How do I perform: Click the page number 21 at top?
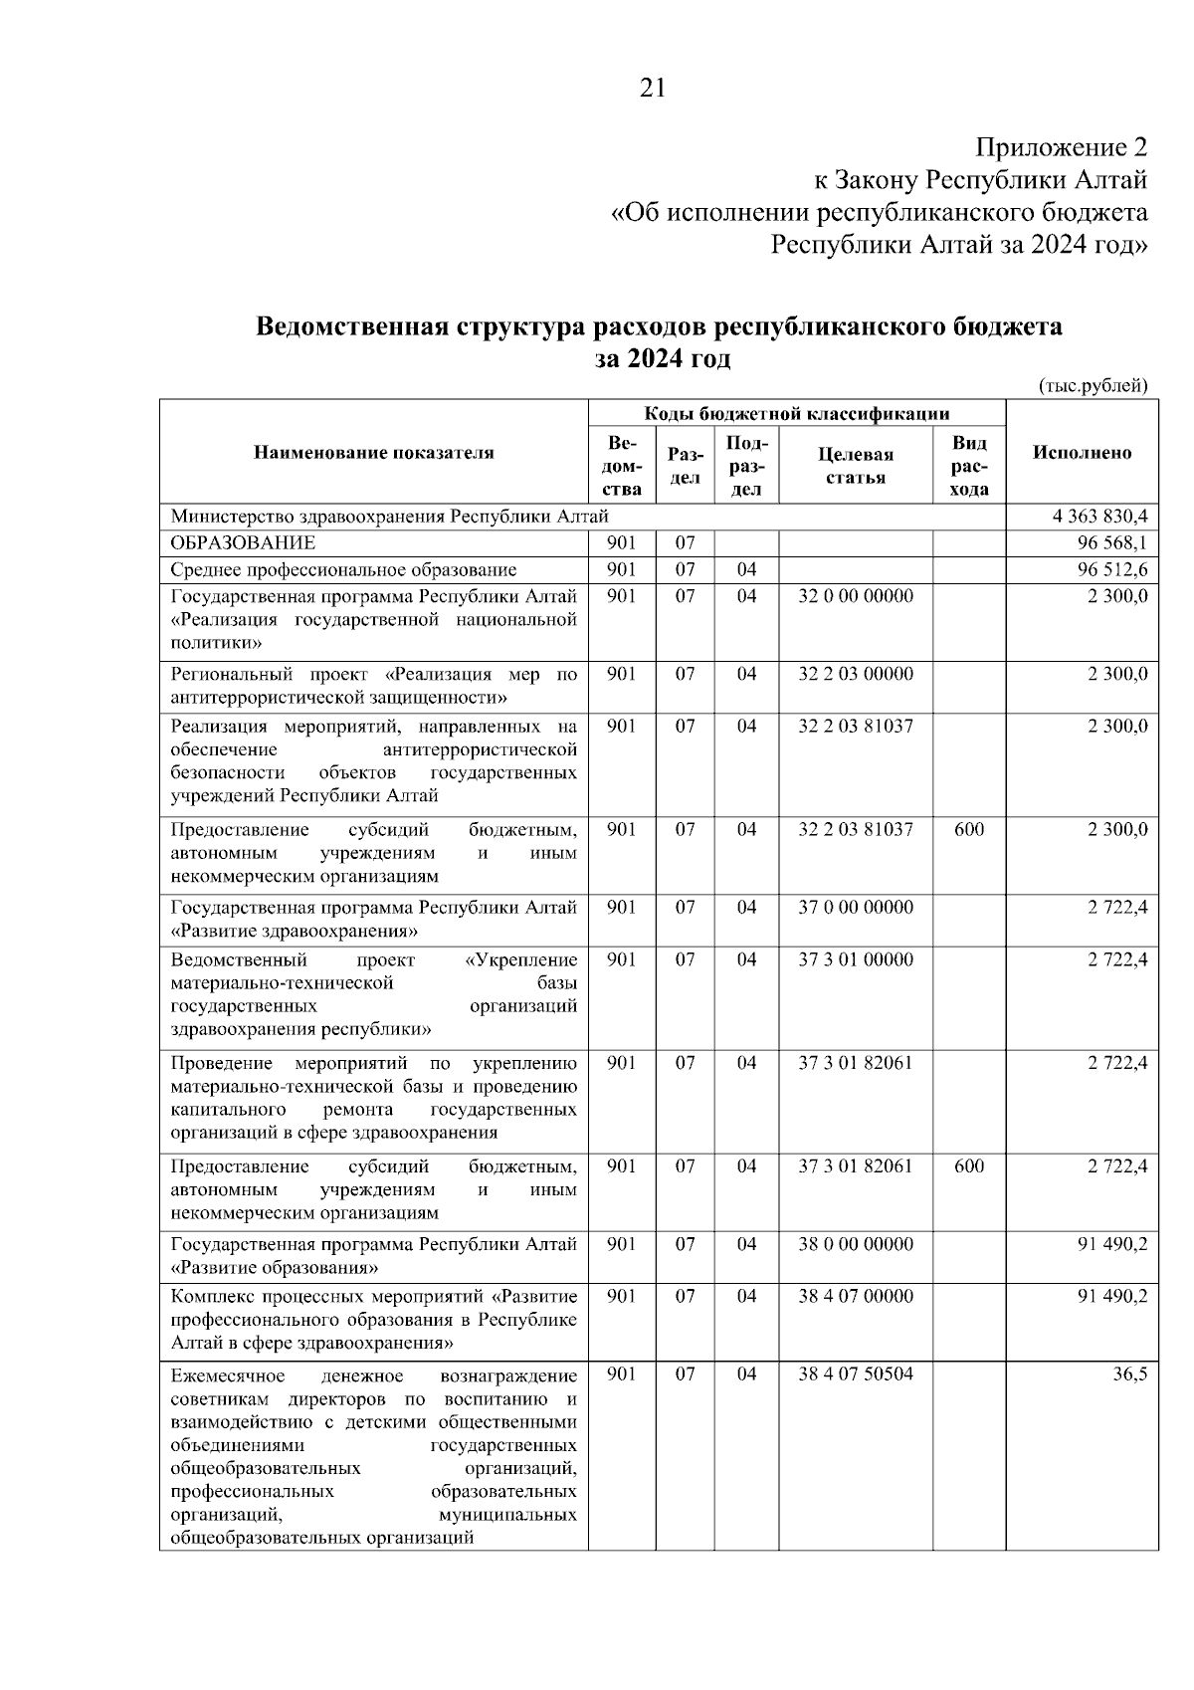point(653,89)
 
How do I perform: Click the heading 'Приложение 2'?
point(1061,148)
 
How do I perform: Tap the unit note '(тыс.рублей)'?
point(1093,386)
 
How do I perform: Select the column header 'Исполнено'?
point(1082,453)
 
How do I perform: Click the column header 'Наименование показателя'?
point(373,453)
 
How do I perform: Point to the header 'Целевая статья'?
point(855,465)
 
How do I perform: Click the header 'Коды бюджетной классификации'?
point(796,414)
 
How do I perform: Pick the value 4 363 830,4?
point(1098,517)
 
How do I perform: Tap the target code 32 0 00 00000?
point(855,596)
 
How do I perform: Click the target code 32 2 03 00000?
point(855,674)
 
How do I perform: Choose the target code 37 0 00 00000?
point(855,907)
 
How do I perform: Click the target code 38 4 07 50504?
point(855,1373)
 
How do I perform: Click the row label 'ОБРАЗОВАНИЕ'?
point(243,543)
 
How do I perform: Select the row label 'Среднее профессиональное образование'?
point(343,570)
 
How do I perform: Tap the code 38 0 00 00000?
point(855,1243)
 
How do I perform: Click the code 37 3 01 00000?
point(855,959)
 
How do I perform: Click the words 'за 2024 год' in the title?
point(662,359)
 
